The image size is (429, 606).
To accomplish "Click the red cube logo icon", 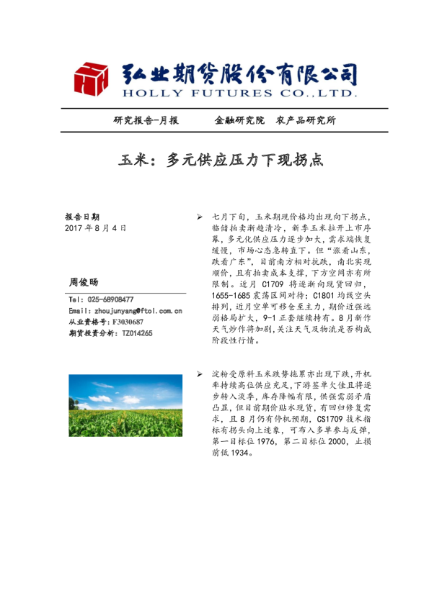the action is pyautogui.click(x=91, y=79).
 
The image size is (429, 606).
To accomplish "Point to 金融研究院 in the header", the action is pyautogui.click(x=239, y=120).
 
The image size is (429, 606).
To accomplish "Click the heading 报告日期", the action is pyautogui.click(x=82, y=217).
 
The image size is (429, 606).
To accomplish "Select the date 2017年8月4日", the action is pyautogui.click(x=95, y=227).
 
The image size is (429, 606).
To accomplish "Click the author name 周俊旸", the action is pyautogui.click(x=83, y=281).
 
